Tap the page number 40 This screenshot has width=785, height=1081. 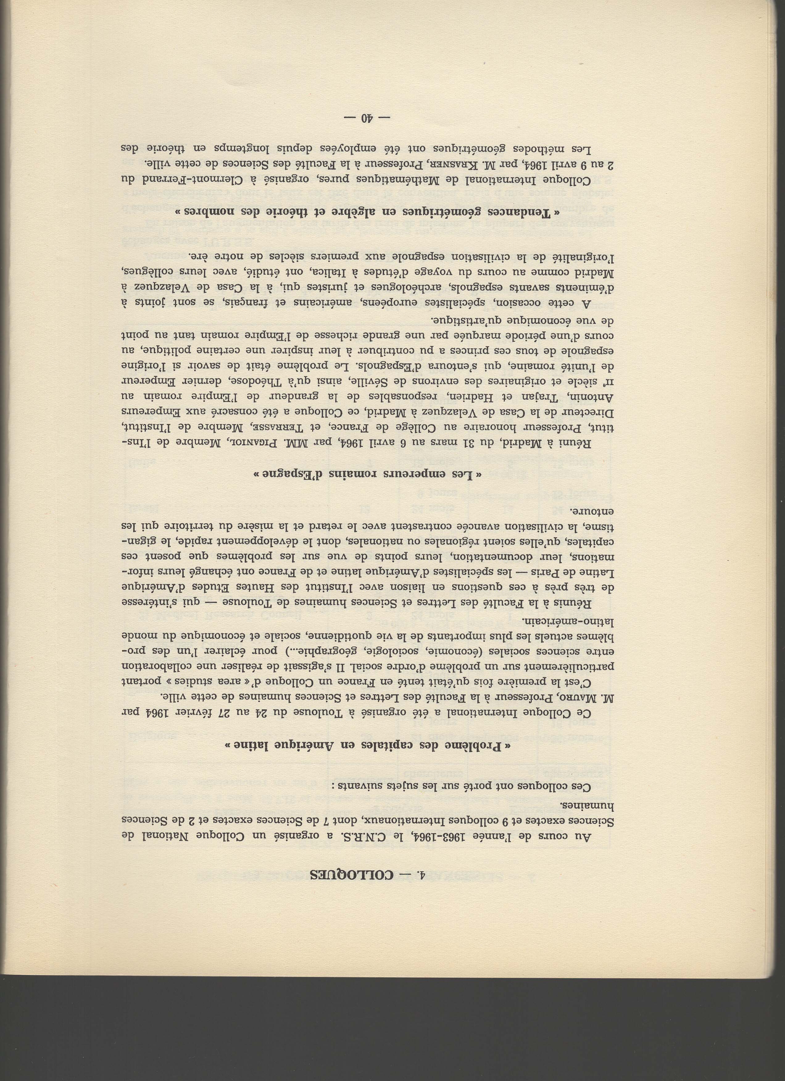click(367, 118)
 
